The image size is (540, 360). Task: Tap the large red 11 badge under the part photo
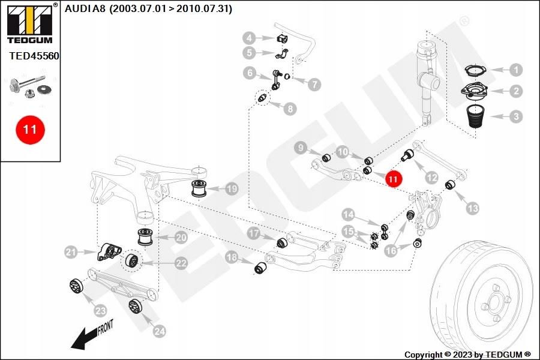(x=30, y=129)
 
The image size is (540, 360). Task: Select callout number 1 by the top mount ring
(x=516, y=70)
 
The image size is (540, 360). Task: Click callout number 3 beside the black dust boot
(x=516, y=116)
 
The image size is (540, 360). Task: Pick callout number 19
(x=232, y=190)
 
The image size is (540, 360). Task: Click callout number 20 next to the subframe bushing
(x=181, y=238)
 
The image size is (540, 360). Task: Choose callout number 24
(x=159, y=330)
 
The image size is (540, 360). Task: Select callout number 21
(x=72, y=252)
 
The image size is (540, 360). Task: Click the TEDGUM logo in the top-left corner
(x=29, y=24)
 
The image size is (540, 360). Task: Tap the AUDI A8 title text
(x=148, y=9)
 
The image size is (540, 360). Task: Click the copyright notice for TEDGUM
(x=467, y=354)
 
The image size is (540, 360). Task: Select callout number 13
(x=473, y=208)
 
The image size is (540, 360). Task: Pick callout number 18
(x=232, y=258)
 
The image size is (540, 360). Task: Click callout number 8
(x=290, y=109)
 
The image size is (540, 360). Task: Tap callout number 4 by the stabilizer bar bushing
(x=249, y=38)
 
